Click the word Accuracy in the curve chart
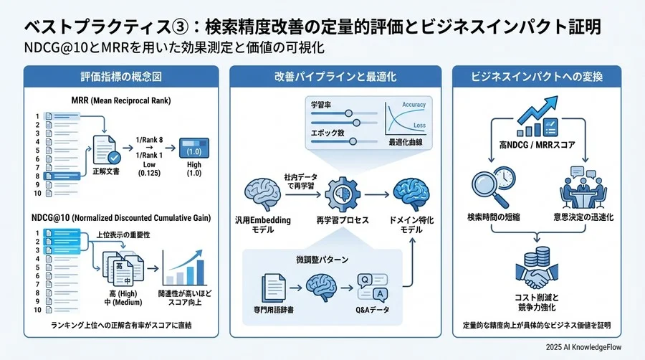tap(414, 105)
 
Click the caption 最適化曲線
tap(404, 143)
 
